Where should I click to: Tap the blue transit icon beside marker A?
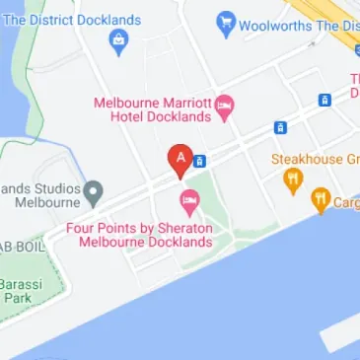[x=200, y=161]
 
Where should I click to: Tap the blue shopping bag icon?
[x=120, y=42]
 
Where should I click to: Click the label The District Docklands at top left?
[x=74, y=20]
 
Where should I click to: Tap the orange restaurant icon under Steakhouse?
[x=292, y=180]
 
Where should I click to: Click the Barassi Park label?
[x=17, y=290]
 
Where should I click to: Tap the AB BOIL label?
[x=22, y=247]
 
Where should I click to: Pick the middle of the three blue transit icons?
[x=280, y=127]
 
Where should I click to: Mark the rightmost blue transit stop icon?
[x=324, y=100]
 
